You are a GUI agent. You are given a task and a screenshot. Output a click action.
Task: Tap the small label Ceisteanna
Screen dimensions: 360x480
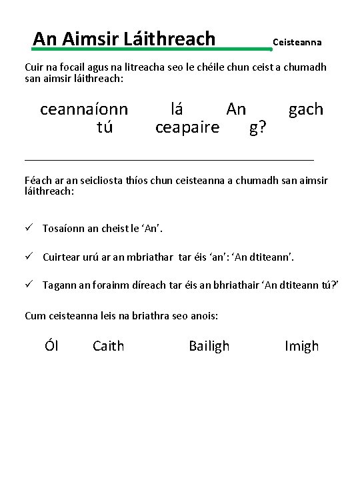pyautogui.click(x=297, y=42)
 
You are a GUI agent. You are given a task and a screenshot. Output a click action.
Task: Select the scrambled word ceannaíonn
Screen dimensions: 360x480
pyautogui.click(x=84, y=109)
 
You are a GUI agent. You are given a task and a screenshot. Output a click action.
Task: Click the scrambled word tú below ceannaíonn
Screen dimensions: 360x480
pyautogui.click(x=105, y=127)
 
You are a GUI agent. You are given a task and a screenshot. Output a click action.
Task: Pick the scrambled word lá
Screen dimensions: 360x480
pyautogui.click(x=177, y=109)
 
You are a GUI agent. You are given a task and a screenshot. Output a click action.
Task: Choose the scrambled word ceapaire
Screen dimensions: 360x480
pyautogui.click(x=187, y=127)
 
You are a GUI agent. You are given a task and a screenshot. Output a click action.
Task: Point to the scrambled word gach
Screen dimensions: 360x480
pyautogui.click(x=305, y=109)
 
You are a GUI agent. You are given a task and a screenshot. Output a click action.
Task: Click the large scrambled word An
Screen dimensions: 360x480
pyautogui.click(x=236, y=109)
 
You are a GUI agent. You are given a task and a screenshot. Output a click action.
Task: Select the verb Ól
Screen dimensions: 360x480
pyautogui.click(x=51, y=345)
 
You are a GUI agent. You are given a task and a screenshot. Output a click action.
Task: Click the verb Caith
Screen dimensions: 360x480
pyautogui.click(x=108, y=345)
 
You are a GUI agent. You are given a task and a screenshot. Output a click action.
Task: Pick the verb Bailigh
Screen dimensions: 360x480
pyautogui.click(x=209, y=345)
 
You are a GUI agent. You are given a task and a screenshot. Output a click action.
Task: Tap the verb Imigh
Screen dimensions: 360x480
pyautogui.click(x=301, y=345)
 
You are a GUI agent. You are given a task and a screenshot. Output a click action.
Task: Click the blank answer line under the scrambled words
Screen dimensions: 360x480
pyautogui.click(x=169, y=159)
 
